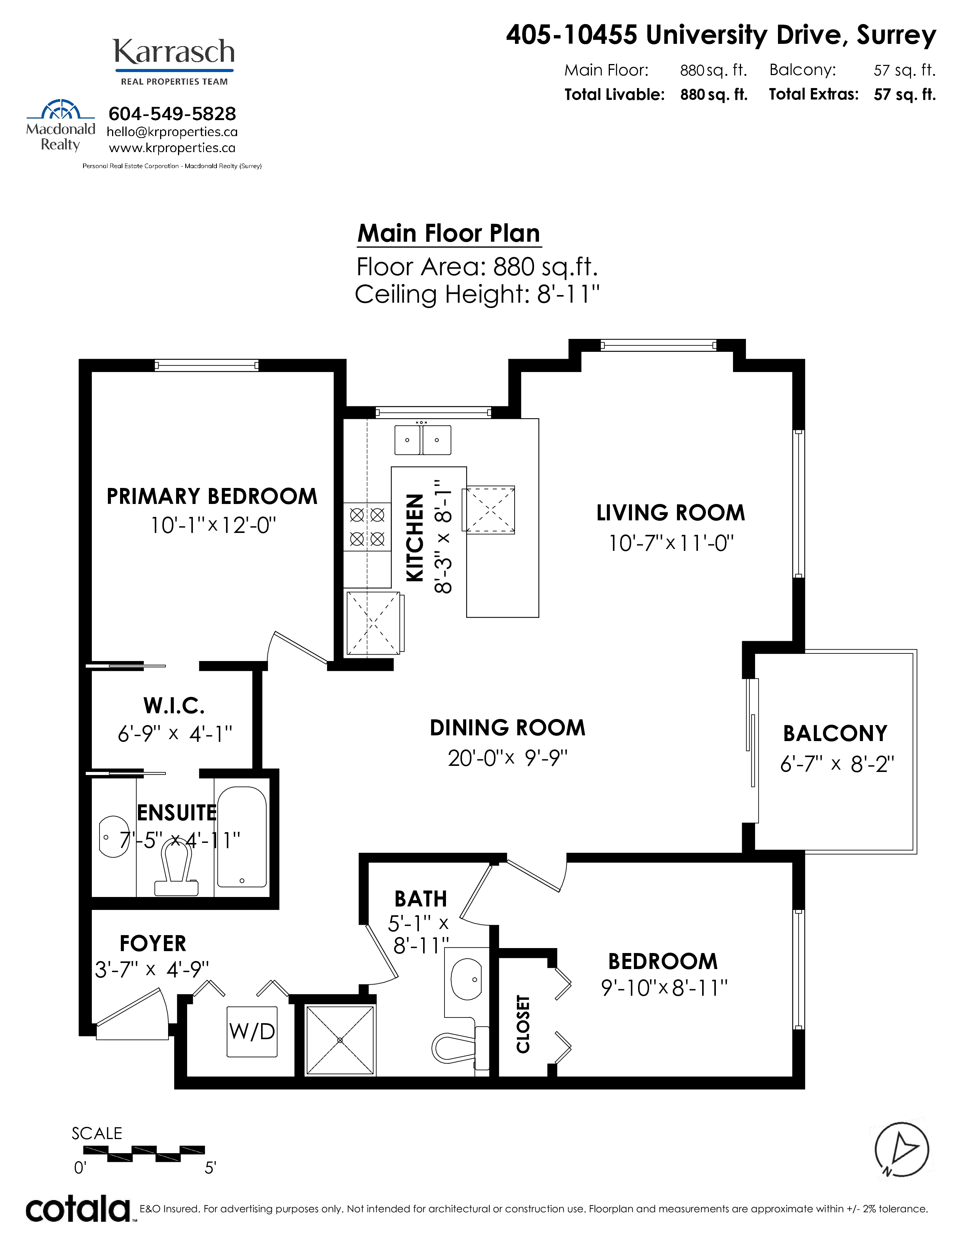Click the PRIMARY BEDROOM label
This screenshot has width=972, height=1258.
[212, 496]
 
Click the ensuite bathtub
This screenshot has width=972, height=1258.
[242, 837]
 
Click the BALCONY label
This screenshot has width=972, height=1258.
[835, 733]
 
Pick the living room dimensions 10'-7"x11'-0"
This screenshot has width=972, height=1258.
[671, 543]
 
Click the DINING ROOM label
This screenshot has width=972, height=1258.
[507, 727]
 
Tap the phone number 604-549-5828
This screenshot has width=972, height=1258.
[172, 114]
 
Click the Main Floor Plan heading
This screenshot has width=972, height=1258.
[449, 233]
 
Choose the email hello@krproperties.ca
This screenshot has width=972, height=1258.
[172, 132]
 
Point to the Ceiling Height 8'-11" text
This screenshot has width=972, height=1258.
[477, 294]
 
